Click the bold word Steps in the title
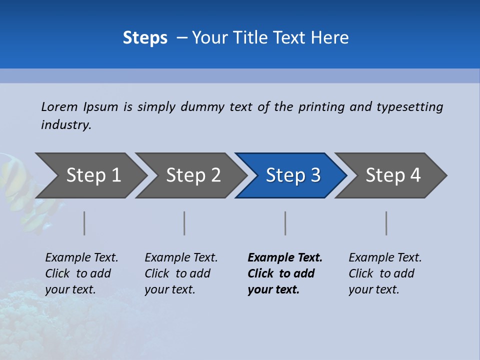pyautogui.click(x=145, y=38)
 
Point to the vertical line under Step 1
pyautogui.click(x=84, y=223)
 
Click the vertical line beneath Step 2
pyautogui.click(x=184, y=223)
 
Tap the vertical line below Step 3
pyautogui.click(x=285, y=223)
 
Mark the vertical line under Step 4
pyautogui.click(x=386, y=223)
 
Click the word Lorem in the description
pyautogui.click(x=59, y=107)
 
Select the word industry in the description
pyautogui.click(x=66, y=125)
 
